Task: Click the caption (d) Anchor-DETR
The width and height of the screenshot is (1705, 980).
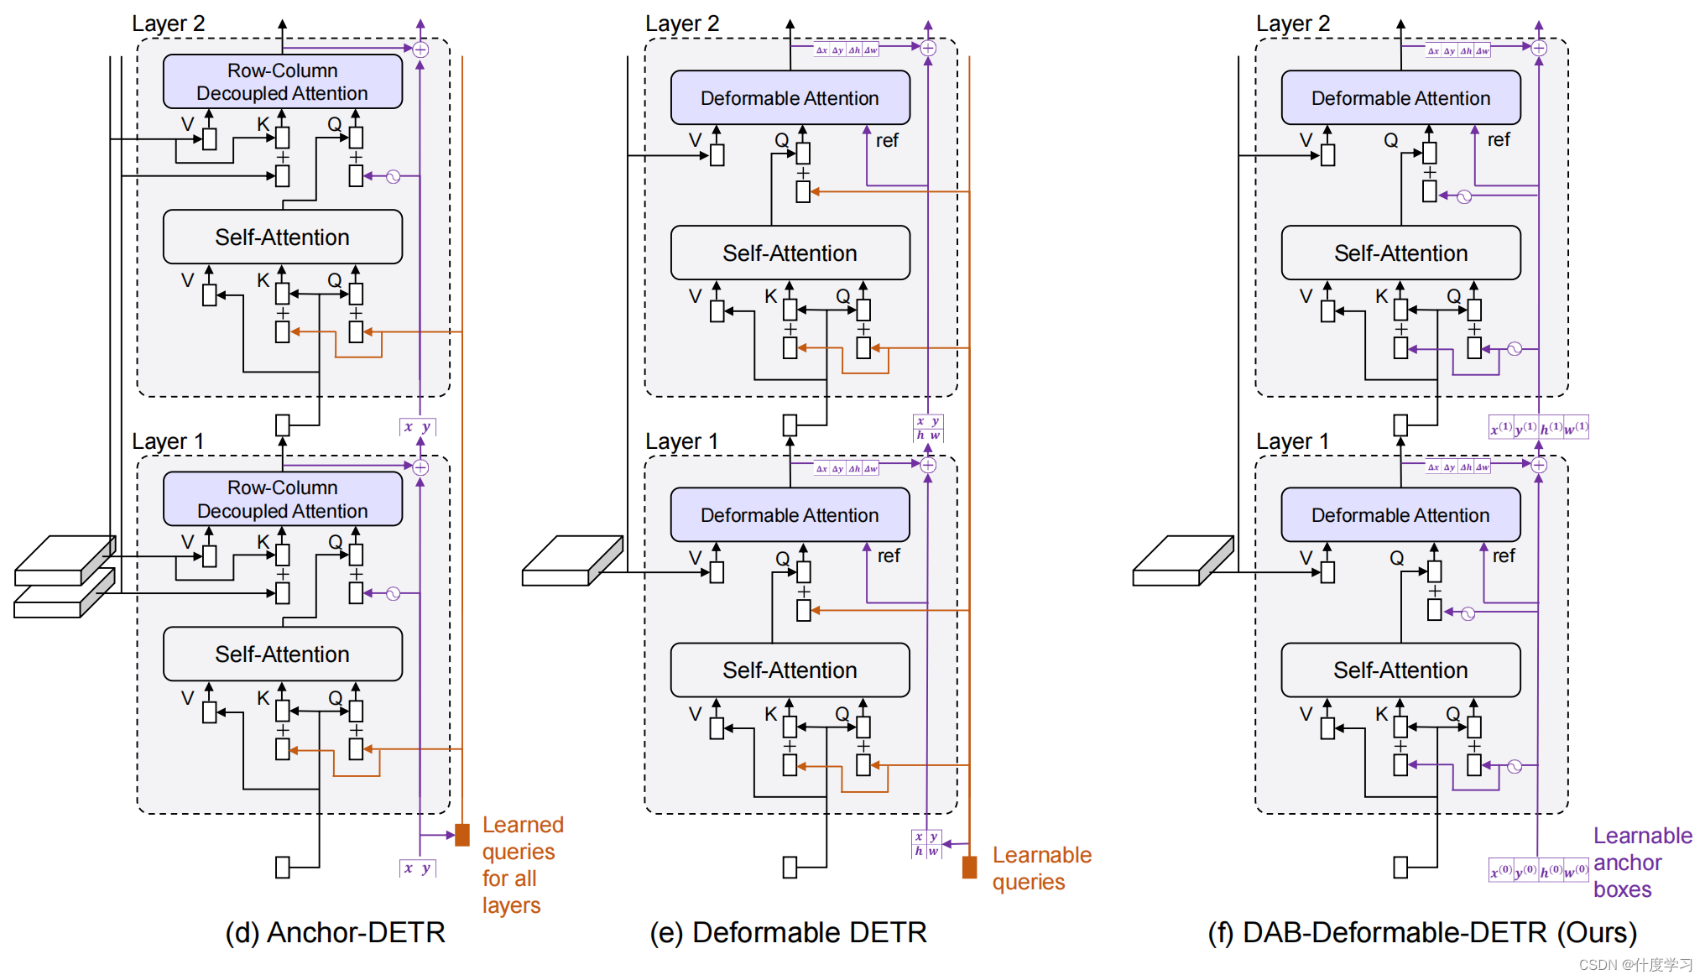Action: [x=335, y=933]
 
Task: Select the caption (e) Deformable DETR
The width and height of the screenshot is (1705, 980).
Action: [x=788, y=933]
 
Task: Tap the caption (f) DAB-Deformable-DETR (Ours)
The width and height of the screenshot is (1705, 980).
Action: [x=1422, y=933]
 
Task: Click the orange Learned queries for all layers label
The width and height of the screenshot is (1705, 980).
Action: [x=522, y=865]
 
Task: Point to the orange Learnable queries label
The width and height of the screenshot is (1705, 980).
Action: [x=1041, y=868]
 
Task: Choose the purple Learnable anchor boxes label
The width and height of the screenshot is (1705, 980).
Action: [x=1642, y=863]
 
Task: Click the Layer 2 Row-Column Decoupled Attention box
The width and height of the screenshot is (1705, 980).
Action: [x=283, y=81]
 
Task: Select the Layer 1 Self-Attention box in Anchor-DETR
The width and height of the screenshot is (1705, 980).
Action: [x=283, y=654]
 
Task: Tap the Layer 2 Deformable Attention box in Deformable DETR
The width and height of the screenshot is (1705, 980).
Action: [x=790, y=98]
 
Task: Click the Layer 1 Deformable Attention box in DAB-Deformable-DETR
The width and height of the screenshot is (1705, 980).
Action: [x=1400, y=515]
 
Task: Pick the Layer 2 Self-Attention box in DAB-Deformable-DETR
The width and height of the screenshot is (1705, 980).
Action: [x=1400, y=253]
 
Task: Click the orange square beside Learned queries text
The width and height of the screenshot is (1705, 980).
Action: [x=461, y=835]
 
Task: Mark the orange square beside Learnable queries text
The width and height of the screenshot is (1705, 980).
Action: [x=969, y=867]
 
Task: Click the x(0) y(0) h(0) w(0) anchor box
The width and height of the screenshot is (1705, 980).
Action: [x=1538, y=871]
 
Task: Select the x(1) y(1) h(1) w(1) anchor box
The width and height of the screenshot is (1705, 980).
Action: [x=1538, y=428]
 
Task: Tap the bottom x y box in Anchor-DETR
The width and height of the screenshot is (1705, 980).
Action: [x=417, y=868]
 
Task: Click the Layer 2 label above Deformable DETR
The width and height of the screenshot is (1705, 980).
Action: [x=682, y=23]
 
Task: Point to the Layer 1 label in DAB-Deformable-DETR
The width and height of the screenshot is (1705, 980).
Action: [x=1292, y=441]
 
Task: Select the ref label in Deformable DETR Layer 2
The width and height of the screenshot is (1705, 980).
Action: [x=887, y=141]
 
